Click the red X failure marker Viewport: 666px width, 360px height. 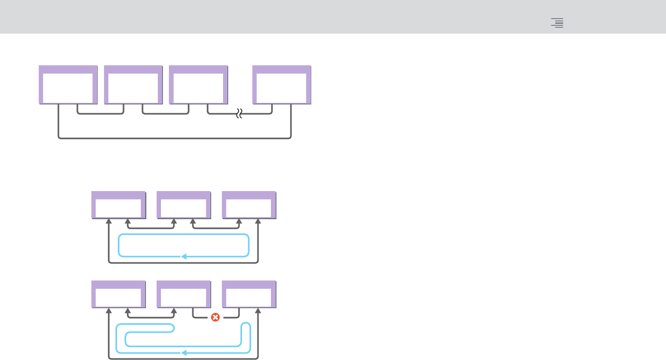(x=215, y=317)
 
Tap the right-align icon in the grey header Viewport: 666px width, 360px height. (x=557, y=23)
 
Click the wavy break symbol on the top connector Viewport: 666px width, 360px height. (x=239, y=114)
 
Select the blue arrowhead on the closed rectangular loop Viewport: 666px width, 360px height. (x=184, y=257)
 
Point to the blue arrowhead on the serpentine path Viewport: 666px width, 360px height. (x=184, y=352)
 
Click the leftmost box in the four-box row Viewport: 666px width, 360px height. (x=68, y=85)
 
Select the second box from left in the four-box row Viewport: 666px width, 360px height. (x=133, y=85)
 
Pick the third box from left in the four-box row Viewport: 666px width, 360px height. (x=198, y=85)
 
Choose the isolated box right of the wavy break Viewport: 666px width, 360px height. (x=282, y=85)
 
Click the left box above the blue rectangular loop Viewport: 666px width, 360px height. (x=118, y=205)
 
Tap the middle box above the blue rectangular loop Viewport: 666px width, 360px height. (x=184, y=205)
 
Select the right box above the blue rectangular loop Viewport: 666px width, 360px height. (x=249, y=205)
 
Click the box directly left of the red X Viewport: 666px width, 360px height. (x=184, y=294)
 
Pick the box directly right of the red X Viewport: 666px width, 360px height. (x=249, y=294)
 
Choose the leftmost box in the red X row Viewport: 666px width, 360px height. (x=118, y=294)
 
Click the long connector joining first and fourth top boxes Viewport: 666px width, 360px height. (x=174, y=138)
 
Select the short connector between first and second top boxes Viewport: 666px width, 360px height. (x=100, y=114)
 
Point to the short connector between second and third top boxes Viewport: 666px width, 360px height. (x=166, y=114)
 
